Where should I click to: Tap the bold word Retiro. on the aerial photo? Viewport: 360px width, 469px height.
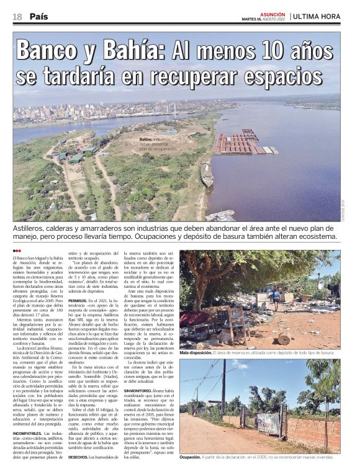click(146, 140)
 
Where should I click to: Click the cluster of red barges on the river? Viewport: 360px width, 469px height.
click(239, 144)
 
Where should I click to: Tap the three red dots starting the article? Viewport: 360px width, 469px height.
click(17, 251)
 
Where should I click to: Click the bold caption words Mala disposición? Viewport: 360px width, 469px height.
click(196, 352)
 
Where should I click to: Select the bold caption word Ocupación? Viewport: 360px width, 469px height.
click(190, 457)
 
